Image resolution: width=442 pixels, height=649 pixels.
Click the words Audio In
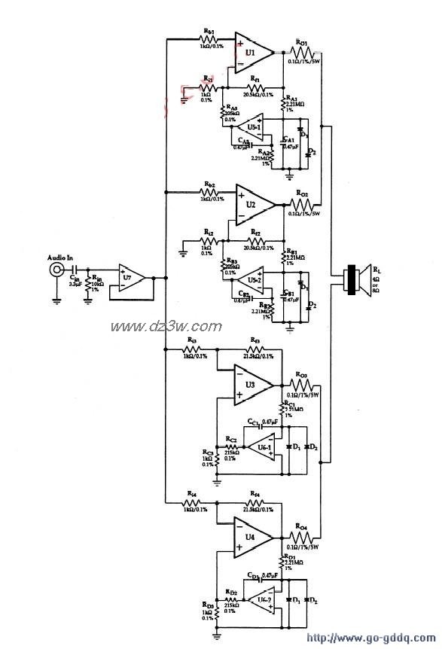pyautogui.click(x=60, y=258)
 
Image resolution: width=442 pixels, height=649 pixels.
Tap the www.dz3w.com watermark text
pyautogui.click(x=166, y=326)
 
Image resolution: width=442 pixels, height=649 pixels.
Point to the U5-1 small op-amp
pyautogui.click(x=251, y=125)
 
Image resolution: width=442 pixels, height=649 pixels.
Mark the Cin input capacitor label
pyautogui.click(x=74, y=278)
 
